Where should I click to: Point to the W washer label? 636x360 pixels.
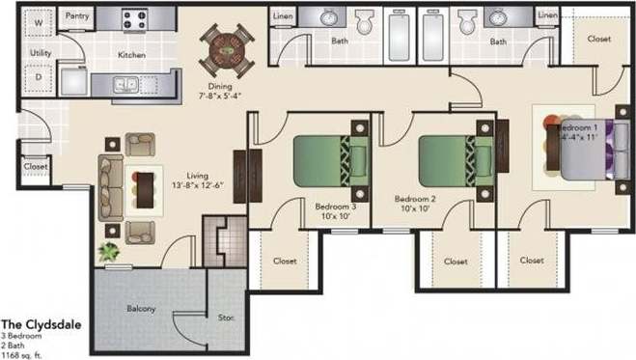[x=38, y=20]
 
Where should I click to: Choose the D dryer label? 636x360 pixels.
[x=38, y=76]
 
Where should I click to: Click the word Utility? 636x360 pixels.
[x=41, y=52]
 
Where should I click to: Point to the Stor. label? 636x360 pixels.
[x=228, y=318]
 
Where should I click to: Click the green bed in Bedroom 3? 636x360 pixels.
[x=330, y=158]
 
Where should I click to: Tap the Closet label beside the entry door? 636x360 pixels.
[x=36, y=166]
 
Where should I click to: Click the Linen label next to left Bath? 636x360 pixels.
[x=282, y=16]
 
